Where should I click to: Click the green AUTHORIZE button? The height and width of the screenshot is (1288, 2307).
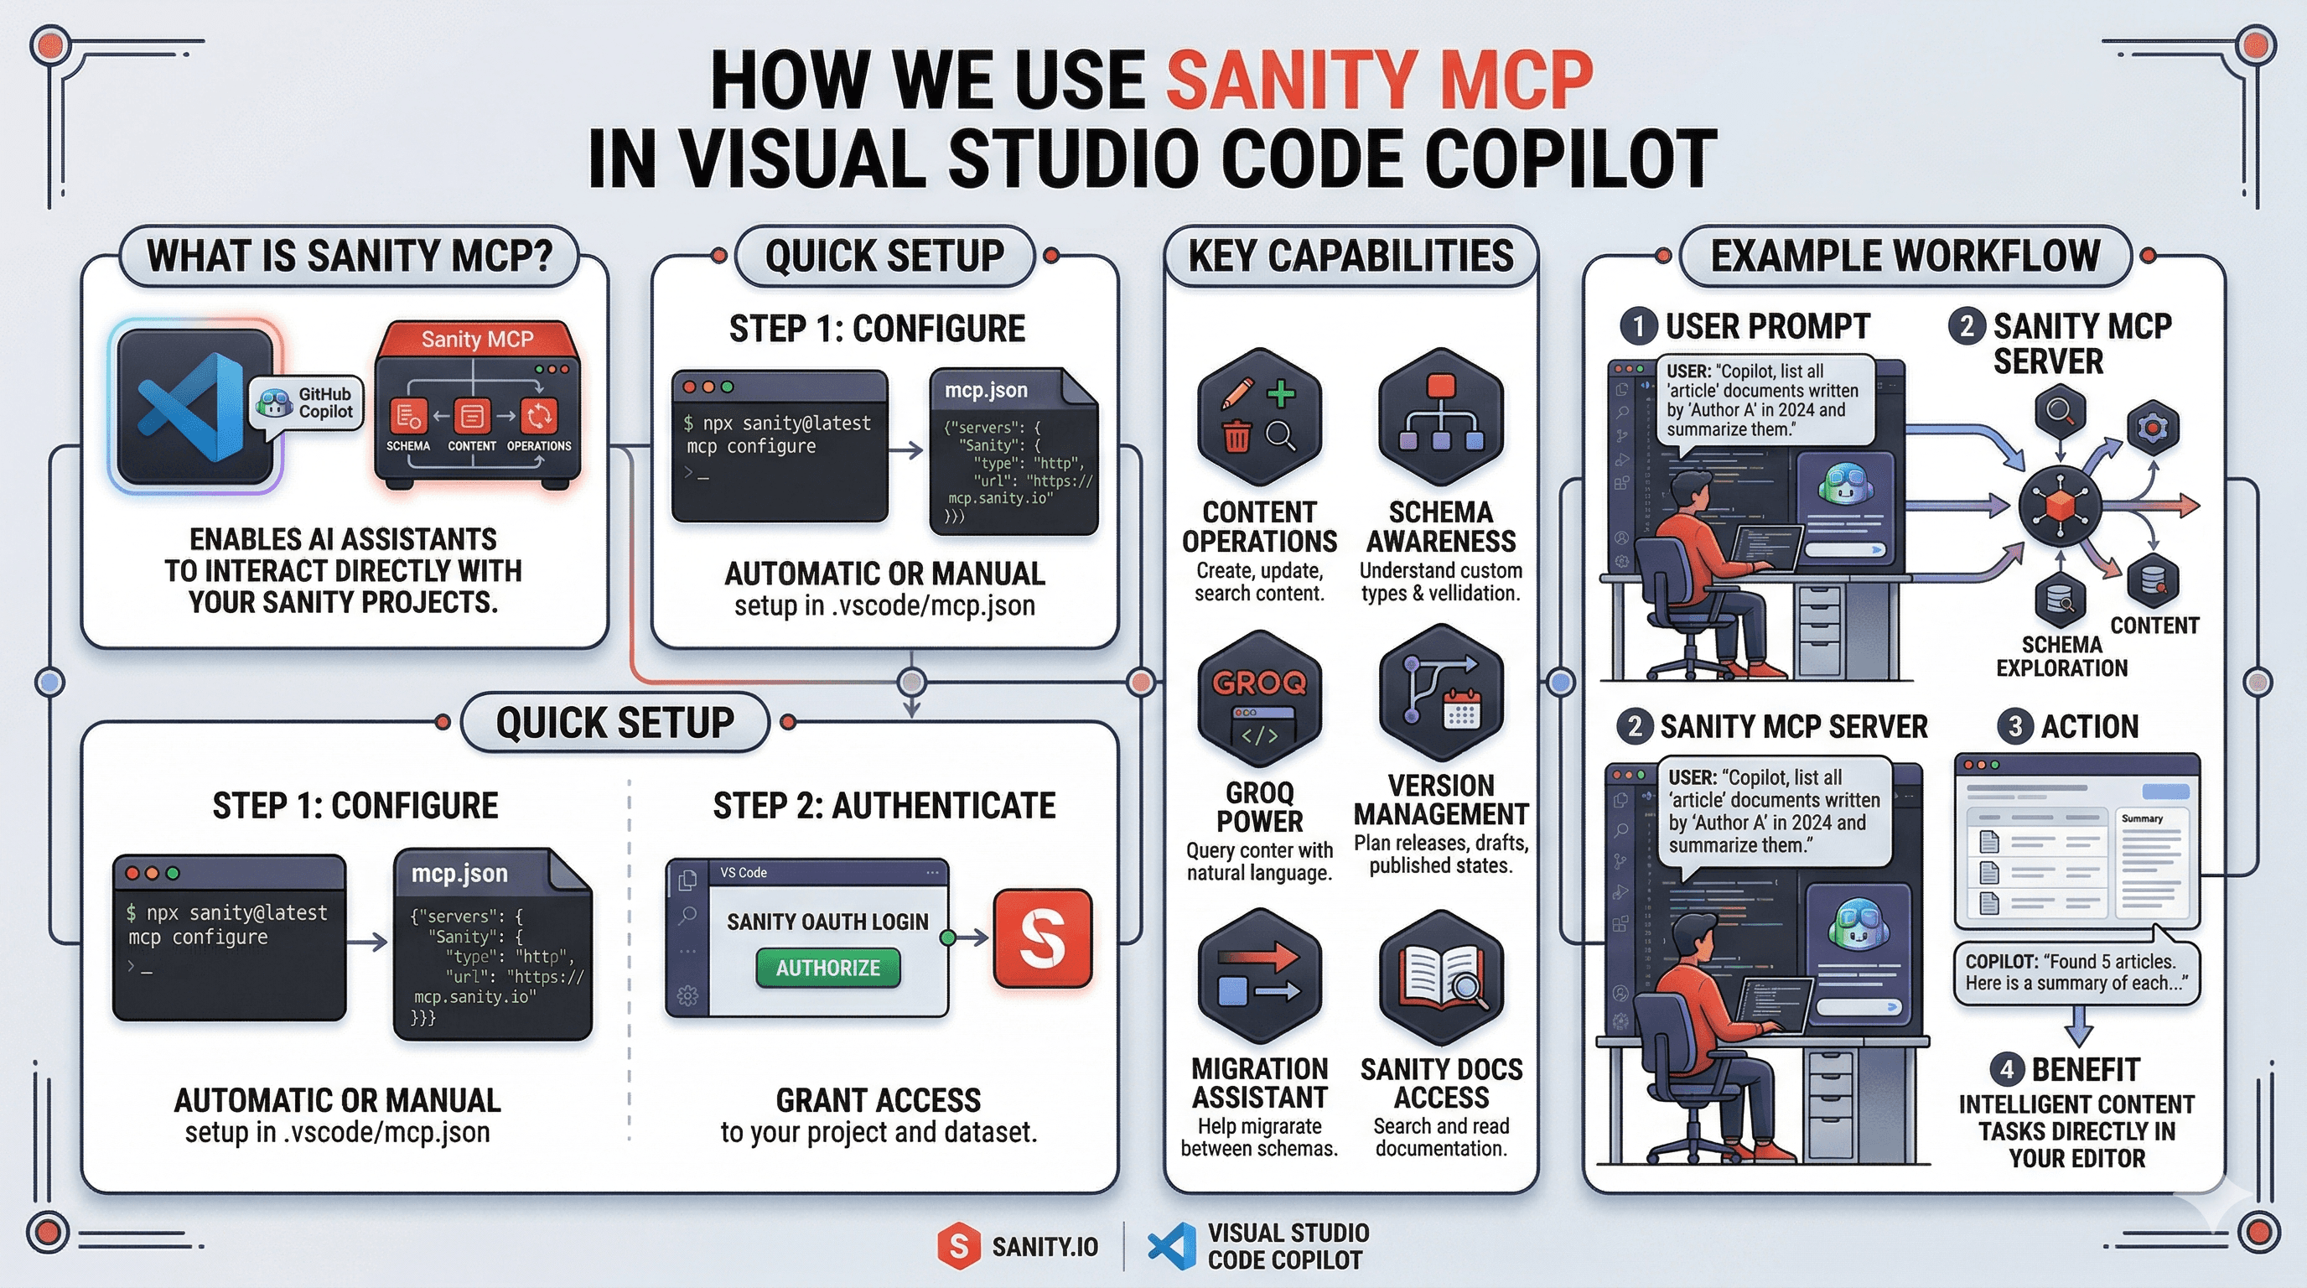point(827,969)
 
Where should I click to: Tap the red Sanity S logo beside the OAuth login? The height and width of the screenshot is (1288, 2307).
point(1043,937)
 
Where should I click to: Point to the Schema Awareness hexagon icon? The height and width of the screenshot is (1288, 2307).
point(1440,418)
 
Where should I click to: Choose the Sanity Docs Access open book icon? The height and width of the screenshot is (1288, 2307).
point(1440,978)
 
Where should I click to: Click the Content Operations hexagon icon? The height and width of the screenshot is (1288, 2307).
point(1259,418)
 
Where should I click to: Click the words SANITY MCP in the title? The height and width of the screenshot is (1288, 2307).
point(1379,80)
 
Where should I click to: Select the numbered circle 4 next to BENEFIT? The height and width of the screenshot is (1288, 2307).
point(2007,1069)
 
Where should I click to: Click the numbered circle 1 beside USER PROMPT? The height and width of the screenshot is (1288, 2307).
point(1639,326)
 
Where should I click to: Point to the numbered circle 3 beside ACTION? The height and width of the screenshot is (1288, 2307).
point(2015,725)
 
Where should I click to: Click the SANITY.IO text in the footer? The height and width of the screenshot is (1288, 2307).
point(1045,1247)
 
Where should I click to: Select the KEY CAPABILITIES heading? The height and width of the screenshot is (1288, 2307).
point(1351,256)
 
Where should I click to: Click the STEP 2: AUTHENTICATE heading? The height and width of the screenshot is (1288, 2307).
point(884,805)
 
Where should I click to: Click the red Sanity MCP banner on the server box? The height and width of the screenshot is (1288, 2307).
point(476,340)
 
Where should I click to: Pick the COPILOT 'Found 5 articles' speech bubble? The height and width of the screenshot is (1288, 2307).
point(2076,973)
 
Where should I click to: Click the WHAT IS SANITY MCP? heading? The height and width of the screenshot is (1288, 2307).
point(350,256)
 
